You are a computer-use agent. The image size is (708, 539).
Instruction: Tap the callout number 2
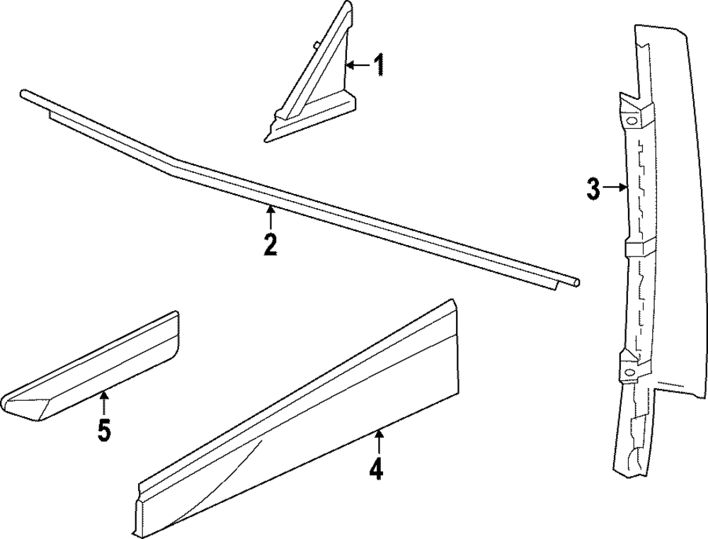[x=270, y=244]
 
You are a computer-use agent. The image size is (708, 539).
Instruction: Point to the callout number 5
[x=104, y=430]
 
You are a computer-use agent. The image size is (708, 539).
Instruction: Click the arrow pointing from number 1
[x=358, y=65]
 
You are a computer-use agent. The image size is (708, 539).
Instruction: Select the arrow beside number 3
[x=617, y=188]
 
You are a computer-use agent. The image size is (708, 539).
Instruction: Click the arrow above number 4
[x=379, y=442]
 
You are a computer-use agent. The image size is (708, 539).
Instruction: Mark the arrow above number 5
[x=104, y=404]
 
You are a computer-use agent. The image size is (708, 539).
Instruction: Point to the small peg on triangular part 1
[x=314, y=46]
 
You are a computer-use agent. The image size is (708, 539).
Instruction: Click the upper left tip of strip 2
[x=24, y=93]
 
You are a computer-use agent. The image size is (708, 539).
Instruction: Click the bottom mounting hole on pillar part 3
[x=629, y=373]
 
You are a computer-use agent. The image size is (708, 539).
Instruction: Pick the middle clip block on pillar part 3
[x=634, y=249]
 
